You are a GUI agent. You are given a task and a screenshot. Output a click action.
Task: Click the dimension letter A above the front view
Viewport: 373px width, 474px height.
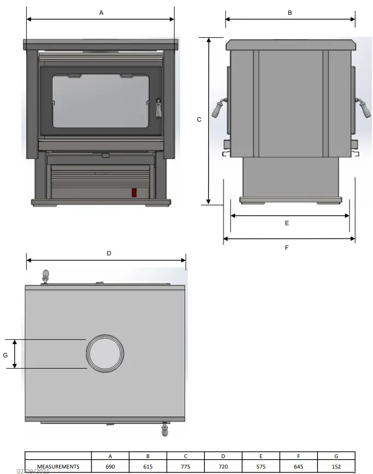[x=101, y=12]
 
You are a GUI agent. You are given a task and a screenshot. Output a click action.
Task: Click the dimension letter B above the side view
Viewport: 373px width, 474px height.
[x=290, y=12]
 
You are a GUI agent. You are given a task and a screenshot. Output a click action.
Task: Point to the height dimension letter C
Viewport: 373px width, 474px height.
[x=199, y=119]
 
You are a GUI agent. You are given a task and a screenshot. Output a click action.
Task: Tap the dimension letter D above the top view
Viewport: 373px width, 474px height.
[x=109, y=253]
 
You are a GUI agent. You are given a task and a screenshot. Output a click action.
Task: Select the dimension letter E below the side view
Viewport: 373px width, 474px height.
[x=287, y=223]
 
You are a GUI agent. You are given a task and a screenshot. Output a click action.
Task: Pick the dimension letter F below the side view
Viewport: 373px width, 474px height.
[x=286, y=248]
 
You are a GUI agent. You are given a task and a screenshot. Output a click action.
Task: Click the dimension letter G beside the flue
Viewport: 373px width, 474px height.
[x=5, y=355]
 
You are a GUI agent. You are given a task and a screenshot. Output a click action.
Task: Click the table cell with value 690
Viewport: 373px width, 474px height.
[x=110, y=467]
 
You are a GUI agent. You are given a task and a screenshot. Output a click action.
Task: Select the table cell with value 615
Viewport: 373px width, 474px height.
[x=148, y=467]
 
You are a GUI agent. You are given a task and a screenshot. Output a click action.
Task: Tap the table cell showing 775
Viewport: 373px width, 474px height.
[x=186, y=467]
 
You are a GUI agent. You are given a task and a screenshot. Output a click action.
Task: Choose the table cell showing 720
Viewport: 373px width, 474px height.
[x=223, y=467]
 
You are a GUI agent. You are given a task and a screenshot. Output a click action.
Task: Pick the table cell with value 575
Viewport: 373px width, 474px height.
[x=261, y=467]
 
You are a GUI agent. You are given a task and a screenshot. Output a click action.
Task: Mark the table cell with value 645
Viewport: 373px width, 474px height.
[x=299, y=467]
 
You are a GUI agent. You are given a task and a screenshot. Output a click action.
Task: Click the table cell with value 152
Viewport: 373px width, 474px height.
[x=336, y=467]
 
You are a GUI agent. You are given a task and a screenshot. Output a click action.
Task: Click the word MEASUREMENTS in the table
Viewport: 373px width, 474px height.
[x=58, y=467]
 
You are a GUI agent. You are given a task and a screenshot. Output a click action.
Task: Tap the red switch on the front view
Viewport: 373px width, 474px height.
[x=134, y=192]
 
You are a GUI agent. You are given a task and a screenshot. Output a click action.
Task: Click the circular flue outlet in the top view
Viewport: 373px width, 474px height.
[x=104, y=353]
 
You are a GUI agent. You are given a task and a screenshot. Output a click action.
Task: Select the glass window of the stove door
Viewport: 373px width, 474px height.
[x=100, y=101]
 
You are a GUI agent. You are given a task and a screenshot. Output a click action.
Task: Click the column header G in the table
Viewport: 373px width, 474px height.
[x=336, y=456]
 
